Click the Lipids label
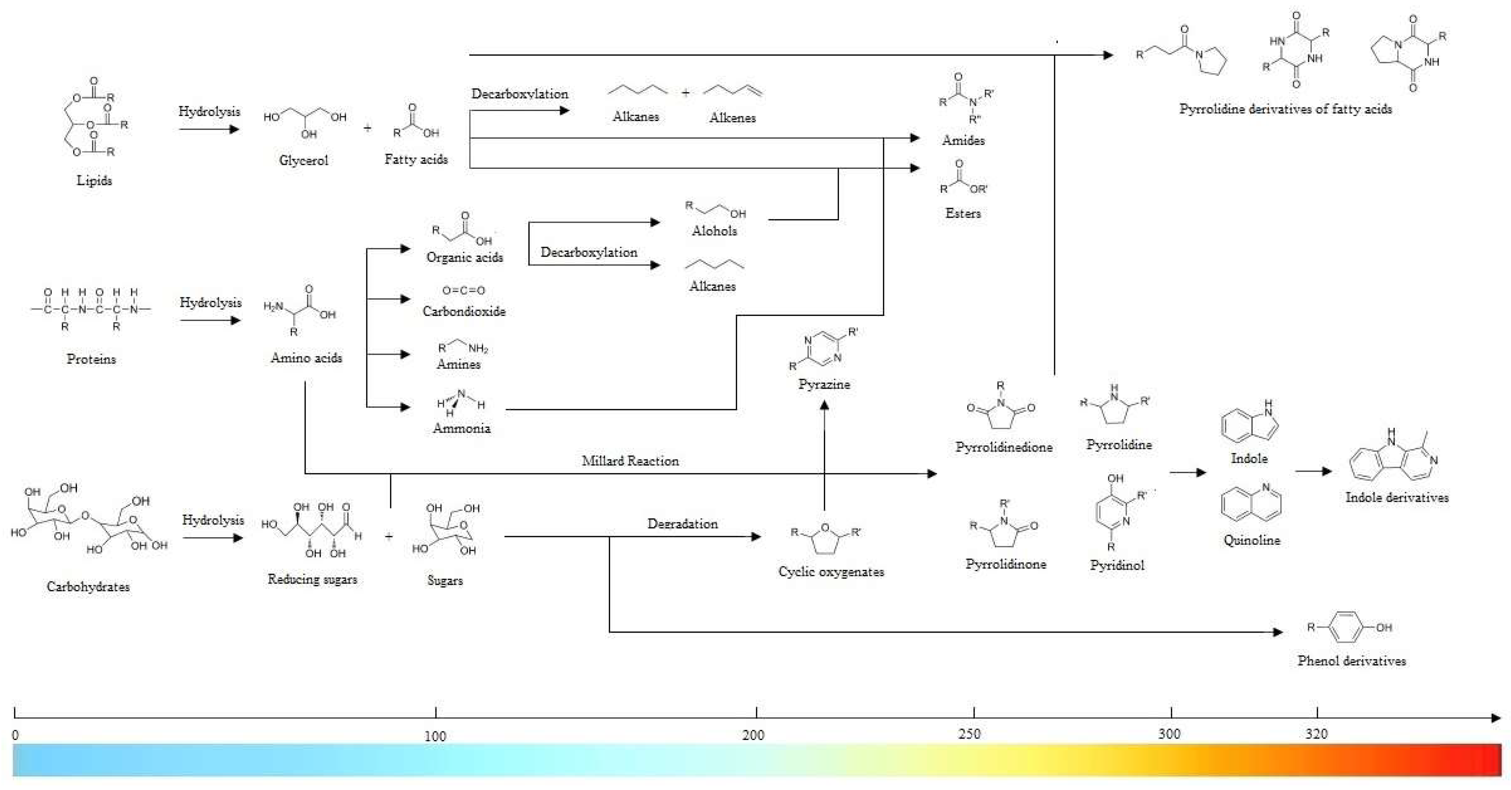(94, 181)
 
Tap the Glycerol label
(303, 160)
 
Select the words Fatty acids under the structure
(416, 159)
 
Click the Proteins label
(91, 359)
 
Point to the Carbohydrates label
(88, 587)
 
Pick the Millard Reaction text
(630, 461)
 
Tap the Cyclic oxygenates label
(831, 572)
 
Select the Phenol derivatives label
(1351, 661)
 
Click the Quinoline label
(1251, 540)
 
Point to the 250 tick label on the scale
(969, 734)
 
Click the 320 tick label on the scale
(1316, 734)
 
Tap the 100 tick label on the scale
(435, 736)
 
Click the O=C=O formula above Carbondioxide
(463, 290)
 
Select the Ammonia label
(462, 428)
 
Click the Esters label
(963, 213)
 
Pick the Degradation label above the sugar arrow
(682, 524)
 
